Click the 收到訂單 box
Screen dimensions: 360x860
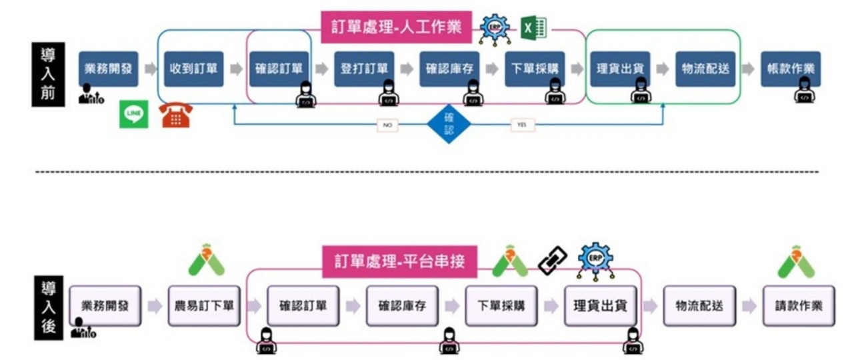(x=193, y=69)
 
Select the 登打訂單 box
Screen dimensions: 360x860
(x=364, y=69)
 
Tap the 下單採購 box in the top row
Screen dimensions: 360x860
(x=535, y=69)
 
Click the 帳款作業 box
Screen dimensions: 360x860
(x=791, y=69)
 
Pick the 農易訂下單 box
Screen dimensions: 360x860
(x=204, y=306)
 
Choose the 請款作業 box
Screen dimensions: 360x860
(x=799, y=306)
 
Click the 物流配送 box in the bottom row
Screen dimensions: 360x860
(x=699, y=306)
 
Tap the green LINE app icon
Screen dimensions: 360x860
(x=134, y=114)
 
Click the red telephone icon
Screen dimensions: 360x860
(x=176, y=115)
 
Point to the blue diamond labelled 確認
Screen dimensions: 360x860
(x=449, y=124)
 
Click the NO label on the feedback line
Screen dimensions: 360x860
(x=387, y=125)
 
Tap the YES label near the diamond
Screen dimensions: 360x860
(x=522, y=125)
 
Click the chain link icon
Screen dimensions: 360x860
(x=552, y=260)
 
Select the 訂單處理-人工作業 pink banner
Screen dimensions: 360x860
(x=397, y=27)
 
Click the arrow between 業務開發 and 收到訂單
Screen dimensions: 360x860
(x=151, y=69)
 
